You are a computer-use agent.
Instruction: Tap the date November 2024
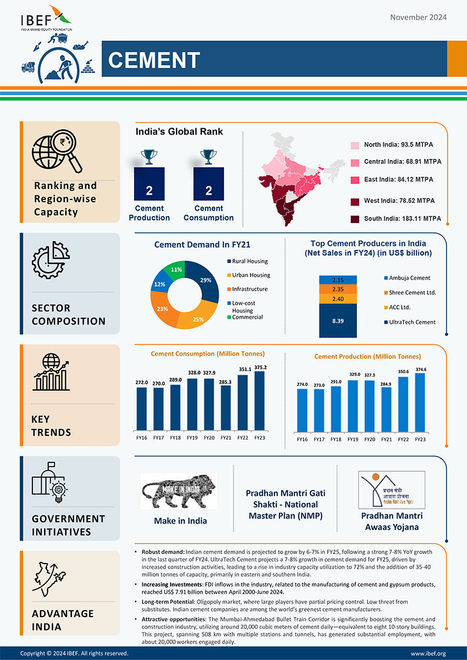pos(418,17)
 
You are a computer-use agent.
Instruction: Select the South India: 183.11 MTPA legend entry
pos(402,219)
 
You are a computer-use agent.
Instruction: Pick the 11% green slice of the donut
pos(175,269)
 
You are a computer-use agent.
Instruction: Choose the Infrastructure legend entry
pos(249,289)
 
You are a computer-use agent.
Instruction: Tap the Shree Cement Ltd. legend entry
pos(412,292)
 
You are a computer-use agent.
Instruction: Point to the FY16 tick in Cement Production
pos(302,439)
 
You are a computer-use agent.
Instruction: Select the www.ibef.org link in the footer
pos(428,654)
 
